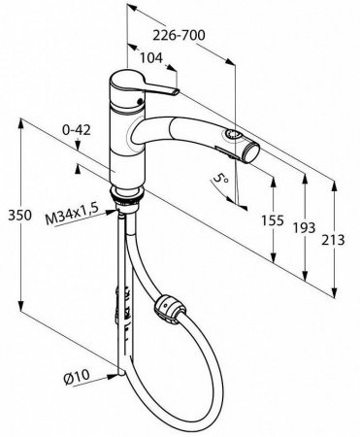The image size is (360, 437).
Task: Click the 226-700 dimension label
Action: (179, 35)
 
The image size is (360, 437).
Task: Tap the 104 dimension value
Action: (151, 58)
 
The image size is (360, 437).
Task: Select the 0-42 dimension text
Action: (77, 130)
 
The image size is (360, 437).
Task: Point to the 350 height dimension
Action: (20, 216)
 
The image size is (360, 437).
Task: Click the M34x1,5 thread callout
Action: (72, 216)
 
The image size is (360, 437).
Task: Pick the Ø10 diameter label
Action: (77, 377)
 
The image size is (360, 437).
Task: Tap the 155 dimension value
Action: (273, 220)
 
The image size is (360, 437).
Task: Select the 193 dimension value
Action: (304, 227)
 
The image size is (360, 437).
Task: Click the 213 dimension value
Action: (333, 240)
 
